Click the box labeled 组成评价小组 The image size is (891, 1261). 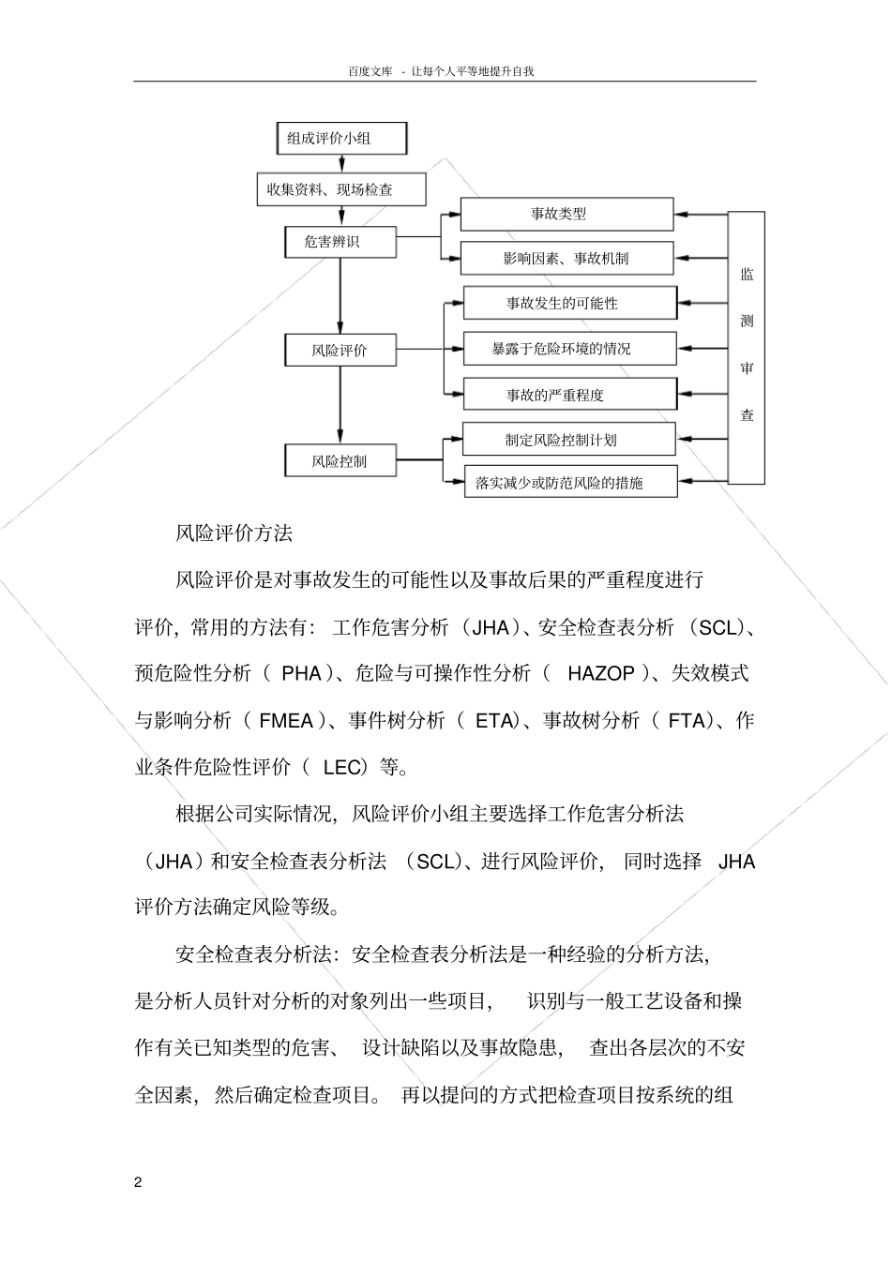[342, 139]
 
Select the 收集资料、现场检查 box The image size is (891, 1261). [341, 189]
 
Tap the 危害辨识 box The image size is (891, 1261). [340, 242]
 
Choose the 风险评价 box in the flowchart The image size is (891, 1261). [340, 351]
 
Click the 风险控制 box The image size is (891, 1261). [340, 461]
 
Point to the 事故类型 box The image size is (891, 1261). [566, 214]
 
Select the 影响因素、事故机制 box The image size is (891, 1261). [566, 259]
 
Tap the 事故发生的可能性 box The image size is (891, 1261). [569, 303]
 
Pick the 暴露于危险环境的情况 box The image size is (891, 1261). [569, 349]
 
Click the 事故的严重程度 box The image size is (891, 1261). [569, 395]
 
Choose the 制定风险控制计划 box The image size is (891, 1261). [569, 440]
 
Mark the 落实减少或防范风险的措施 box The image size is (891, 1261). [569, 484]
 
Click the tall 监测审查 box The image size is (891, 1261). [747, 347]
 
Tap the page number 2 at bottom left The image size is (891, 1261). [138, 1182]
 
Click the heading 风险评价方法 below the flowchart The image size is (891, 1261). [234, 533]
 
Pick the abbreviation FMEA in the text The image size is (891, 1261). [286, 721]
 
